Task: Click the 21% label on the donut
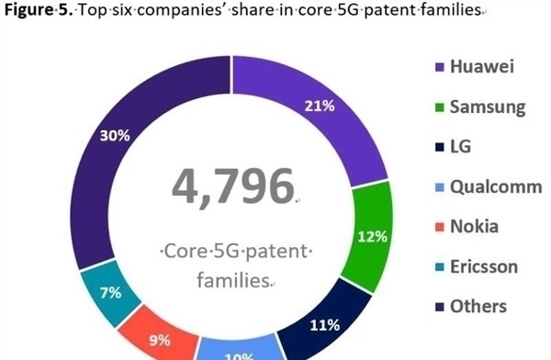tap(319, 106)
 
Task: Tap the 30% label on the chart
tap(116, 135)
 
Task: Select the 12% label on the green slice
tap(372, 236)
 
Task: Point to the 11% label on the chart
tap(325, 324)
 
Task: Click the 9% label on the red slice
tap(160, 340)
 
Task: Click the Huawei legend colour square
tap(438, 68)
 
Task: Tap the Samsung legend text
tap(487, 107)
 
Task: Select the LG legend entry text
tap(460, 147)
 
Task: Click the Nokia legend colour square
tap(438, 227)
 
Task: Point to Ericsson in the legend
tap(484, 266)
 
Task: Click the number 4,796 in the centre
tap(232, 186)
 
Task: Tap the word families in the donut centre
tap(233, 279)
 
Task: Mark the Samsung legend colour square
tap(438, 107)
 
